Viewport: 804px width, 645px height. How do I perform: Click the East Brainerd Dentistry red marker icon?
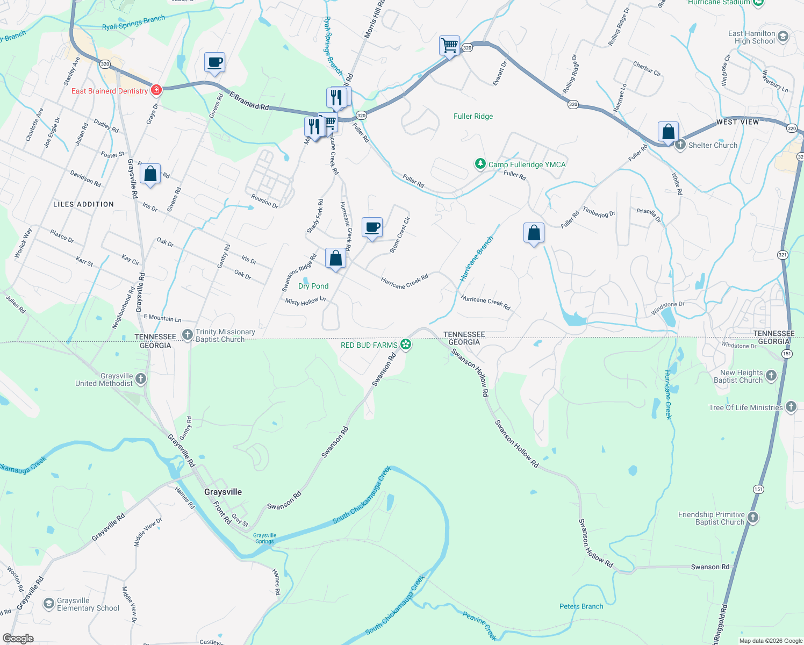click(156, 90)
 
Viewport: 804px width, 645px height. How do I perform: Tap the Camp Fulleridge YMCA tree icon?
click(480, 164)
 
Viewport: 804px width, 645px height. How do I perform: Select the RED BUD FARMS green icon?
click(406, 345)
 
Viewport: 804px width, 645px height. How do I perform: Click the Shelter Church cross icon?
click(680, 145)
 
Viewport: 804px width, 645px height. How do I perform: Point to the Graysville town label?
click(222, 492)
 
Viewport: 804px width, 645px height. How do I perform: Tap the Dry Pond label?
click(313, 286)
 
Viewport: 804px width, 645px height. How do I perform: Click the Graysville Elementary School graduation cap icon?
click(48, 604)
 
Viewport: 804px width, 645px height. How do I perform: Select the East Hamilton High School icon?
click(783, 37)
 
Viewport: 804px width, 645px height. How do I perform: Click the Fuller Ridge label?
click(473, 116)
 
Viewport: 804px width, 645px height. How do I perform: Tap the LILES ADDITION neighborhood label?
click(83, 204)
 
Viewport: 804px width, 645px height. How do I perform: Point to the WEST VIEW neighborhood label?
click(737, 122)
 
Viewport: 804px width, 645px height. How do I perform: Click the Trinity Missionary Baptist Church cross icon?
click(187, 335)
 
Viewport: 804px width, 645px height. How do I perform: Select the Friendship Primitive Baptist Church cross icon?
click(753, 518)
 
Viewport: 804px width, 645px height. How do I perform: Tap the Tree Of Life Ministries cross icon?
click(791, 407)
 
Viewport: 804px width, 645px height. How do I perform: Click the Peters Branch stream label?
click(581, 606)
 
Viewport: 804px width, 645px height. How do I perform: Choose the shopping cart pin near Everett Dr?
click(449, 45)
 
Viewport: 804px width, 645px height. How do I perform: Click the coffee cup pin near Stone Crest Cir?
click(372, 227)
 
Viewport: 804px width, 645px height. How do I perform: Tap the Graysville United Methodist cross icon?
click(140, 379)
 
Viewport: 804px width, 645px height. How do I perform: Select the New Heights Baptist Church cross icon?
click(771, 376)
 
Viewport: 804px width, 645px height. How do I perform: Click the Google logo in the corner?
click(18, 639)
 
